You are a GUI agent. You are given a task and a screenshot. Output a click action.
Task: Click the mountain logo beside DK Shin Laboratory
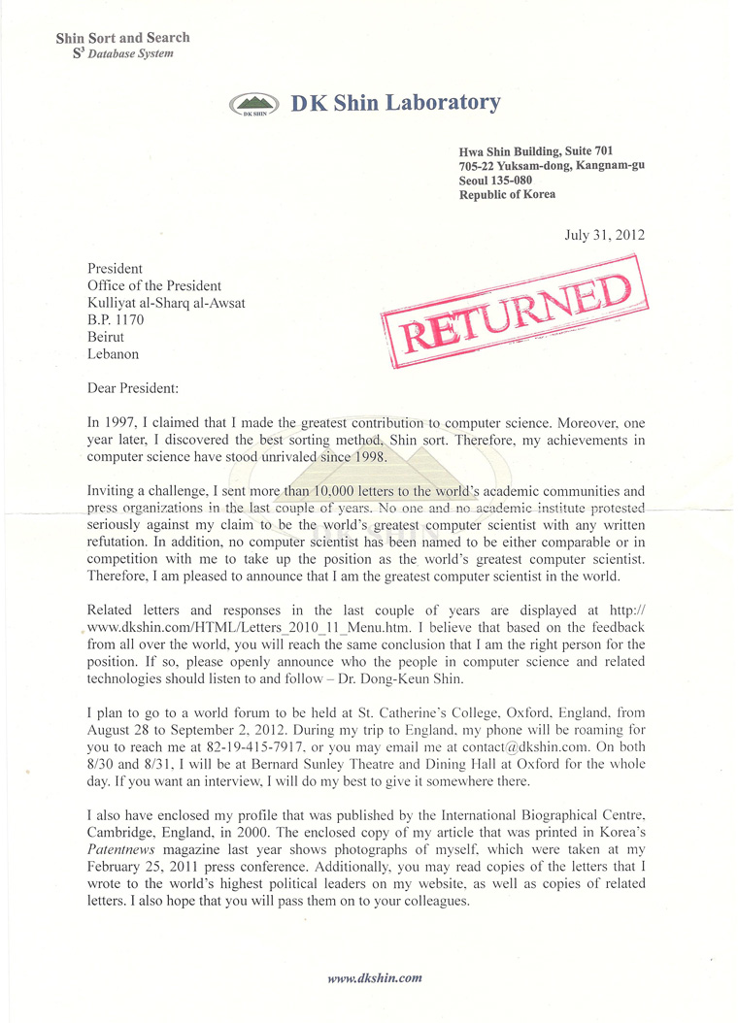pos(254,105)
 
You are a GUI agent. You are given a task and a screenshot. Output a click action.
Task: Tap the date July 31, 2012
pos(604,234)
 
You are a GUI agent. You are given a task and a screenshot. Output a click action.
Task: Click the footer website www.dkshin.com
pos(375,978)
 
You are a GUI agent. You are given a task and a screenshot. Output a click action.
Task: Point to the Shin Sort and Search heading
pos(122,38)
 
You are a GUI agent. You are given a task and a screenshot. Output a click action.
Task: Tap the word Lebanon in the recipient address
pos(115,355)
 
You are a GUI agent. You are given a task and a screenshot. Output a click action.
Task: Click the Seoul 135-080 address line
pos(495,181)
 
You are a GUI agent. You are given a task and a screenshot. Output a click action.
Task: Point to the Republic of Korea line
pos(507,195)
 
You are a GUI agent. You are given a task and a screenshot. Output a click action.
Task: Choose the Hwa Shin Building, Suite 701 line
pos(536,151)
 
